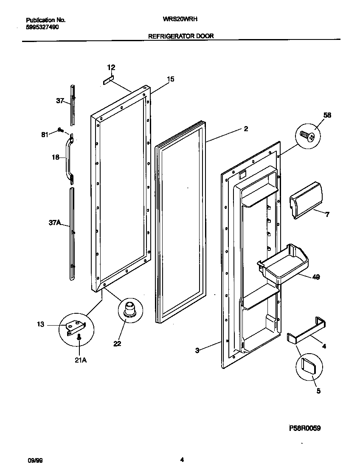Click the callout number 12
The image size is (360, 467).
click(111, 68)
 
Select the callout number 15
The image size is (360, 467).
click(171, 79)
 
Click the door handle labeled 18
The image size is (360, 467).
click(68, 159)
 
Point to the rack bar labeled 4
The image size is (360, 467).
click(307, 333)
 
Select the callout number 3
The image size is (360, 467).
click(197, 350)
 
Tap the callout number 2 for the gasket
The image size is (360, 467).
click(246, 129)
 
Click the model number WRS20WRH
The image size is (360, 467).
click(180, 20)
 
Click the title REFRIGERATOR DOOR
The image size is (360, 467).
click(180, 37)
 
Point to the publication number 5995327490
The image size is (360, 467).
click(42, 27)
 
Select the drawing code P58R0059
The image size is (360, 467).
click(305, 428)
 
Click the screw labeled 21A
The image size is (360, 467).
click(79, 338)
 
